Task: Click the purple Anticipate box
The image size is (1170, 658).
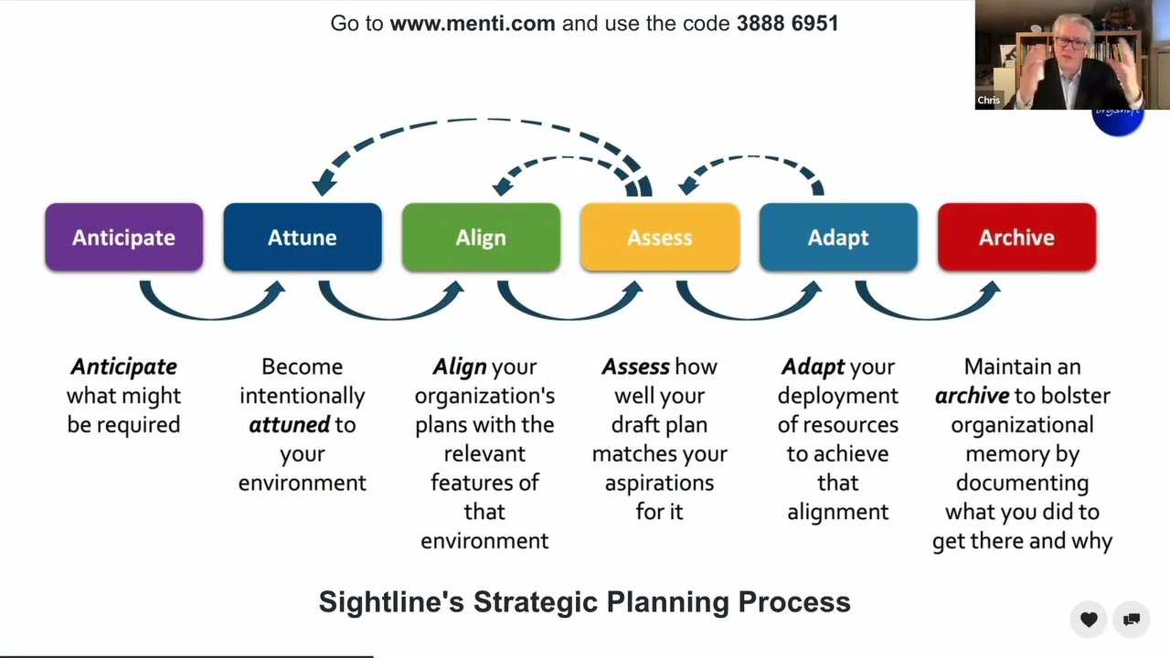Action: coord(123,238)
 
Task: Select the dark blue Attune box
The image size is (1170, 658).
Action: coord(302,238)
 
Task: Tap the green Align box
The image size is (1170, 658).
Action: coord(481,238)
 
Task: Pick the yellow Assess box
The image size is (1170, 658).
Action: coord(659,238)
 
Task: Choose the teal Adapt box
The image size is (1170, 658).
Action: coord(838,238)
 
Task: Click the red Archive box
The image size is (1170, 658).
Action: coord(1016,238)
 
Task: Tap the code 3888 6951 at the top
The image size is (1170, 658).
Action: coord(787,24)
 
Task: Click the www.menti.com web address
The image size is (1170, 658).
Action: coord(473,24)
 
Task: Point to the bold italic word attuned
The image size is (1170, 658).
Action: coord(289,425)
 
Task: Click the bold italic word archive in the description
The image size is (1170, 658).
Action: coord(972,396)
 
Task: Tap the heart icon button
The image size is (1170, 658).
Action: coord(1089,620)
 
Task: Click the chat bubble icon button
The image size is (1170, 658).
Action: coord(1131,620)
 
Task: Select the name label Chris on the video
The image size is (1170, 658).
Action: coord(988,101)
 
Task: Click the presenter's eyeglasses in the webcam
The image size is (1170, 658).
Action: coord(1072,43)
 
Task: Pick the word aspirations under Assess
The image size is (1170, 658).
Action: coord(659,483)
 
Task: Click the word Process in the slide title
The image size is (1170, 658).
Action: coord(794,602)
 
